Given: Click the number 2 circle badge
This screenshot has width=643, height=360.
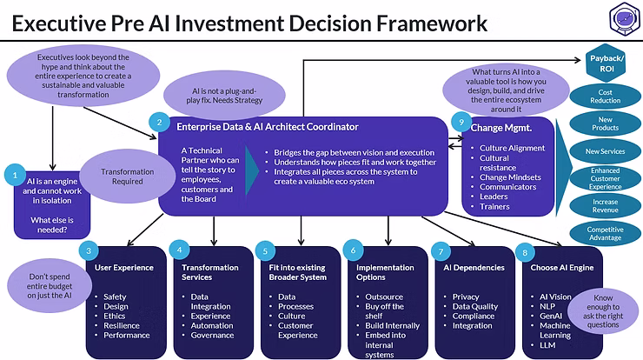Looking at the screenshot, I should click(x=158, y=123).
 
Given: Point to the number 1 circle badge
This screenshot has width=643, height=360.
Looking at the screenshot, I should click(x=15, y=174).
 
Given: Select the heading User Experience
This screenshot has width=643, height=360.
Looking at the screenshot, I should click(x=124, y=267).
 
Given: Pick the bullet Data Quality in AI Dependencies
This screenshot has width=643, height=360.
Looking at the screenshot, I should click(x=475, y=306).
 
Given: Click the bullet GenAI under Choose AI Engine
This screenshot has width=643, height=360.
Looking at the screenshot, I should click(x=552, y=316).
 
